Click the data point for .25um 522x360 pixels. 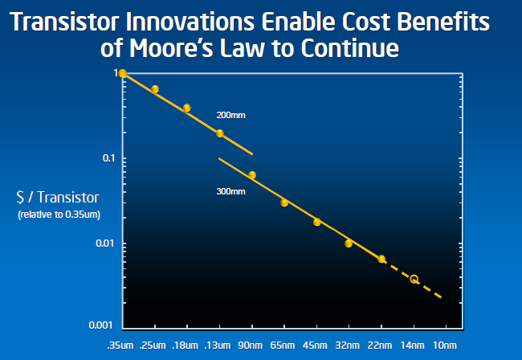tap(155, 89)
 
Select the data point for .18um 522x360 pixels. tap(187, 108)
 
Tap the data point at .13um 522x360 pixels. tap(220, 133)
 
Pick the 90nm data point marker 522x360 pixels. tap(252, 175)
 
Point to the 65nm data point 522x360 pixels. tap(284, 202)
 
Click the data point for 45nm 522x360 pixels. tap(317, 222)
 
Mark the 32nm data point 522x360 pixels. tap(349, 243)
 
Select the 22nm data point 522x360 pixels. tap(381, 259)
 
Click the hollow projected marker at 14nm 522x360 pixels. tap(414, 279)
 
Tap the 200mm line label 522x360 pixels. tap(230, 116)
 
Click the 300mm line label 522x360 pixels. tap(230, 193)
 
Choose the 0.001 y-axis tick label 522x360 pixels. tap(103, 325)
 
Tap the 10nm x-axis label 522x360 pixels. tap(446, 346)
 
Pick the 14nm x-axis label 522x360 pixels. tap(414, 346)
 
